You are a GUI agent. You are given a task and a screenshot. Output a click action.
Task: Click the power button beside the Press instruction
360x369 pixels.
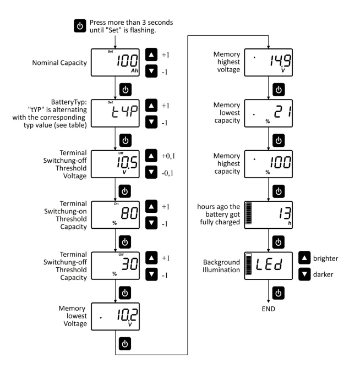coord(80,26)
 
